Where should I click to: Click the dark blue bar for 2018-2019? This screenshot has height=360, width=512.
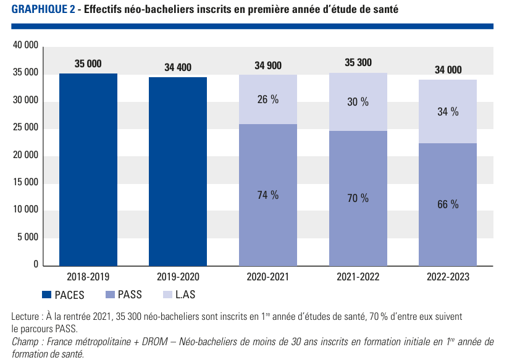(x=88, y=169)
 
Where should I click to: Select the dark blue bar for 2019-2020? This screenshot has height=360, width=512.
(x=178, y=171)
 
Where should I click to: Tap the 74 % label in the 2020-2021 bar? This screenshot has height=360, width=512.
(x=267, y=195)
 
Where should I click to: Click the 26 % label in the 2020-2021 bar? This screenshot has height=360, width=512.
(x=267, y=99)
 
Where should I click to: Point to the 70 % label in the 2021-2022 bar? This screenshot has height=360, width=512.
(x=358, y=198)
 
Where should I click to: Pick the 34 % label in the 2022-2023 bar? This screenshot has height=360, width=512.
(x=448, y=112)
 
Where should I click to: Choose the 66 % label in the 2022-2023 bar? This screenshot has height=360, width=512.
(x=448, y=204)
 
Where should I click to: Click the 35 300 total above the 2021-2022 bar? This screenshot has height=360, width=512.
(x=358, y=62)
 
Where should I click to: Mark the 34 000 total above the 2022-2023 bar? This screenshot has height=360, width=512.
(x=448, y=70)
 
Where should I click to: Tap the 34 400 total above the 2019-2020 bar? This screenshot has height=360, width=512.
(x=178, y=67)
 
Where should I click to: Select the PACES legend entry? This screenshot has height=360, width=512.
(x=63, y=295)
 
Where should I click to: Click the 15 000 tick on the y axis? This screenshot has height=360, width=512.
(x=25, y=183)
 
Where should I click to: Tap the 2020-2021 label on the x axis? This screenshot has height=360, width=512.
(x=267, y=277)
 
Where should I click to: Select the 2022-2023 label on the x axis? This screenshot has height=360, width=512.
(x=448, y=277)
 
